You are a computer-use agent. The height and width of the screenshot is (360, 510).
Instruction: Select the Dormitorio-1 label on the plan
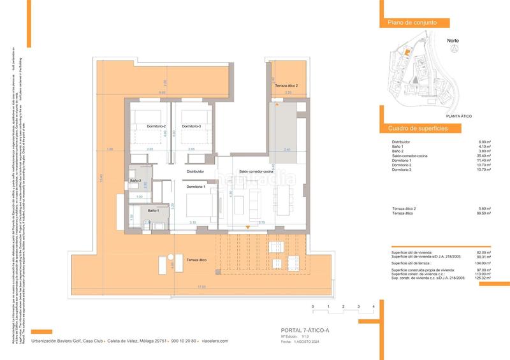pyautogui.click(x=196, y=187)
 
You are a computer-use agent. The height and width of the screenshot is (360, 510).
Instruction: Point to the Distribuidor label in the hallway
pyautogui.click(x=195, y=171)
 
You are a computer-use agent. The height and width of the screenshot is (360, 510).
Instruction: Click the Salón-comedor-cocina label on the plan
pyautogui.click(x=256, y=172)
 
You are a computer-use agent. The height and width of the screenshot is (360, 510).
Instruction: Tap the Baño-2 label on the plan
pyautogui.click(x=135, y=182)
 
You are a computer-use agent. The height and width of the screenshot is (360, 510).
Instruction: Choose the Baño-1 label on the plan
pyautogui.click(x=153, y=210)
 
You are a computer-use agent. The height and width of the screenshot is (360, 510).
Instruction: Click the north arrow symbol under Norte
pyautogui.click(x=453, y=50)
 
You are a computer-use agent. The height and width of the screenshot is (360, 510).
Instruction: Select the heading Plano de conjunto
pyautogui.click(x=412, y=23)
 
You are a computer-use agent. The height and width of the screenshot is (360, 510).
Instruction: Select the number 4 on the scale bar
pyautogui.click(x=372, y=307)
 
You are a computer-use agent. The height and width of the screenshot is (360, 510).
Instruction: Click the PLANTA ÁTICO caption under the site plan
pyautogui.click(x=459, y=117)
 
